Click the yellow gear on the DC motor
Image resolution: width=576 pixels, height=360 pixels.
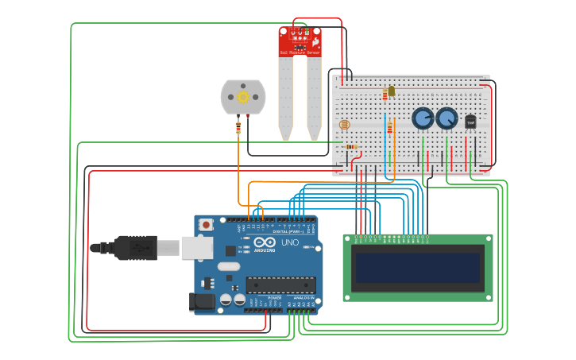pos(243,97)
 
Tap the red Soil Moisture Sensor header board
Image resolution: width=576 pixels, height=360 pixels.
pos(300,41)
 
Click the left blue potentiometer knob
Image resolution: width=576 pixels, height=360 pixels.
pos(423,118)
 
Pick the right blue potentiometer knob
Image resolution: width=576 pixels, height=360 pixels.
pos(447,118)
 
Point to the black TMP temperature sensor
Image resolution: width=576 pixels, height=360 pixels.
pos(470,122)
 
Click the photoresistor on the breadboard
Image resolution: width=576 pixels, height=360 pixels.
pos(344,125)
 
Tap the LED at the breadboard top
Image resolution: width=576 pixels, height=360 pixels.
pos(391,91)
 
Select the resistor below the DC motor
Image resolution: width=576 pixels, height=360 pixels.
pos(238,127)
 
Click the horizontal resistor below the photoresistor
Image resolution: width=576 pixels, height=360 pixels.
pos(351,146)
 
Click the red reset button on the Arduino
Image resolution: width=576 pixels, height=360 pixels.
pos(207,225)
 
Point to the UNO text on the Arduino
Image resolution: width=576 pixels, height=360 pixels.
pos(289,242)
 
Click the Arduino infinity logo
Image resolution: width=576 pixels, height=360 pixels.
pos(265,242)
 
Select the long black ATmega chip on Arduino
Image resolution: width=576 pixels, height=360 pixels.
pos(280,285)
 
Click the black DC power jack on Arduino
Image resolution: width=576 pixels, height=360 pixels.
pos(202,302)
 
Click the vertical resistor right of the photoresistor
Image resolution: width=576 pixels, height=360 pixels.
pos(389,127)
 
